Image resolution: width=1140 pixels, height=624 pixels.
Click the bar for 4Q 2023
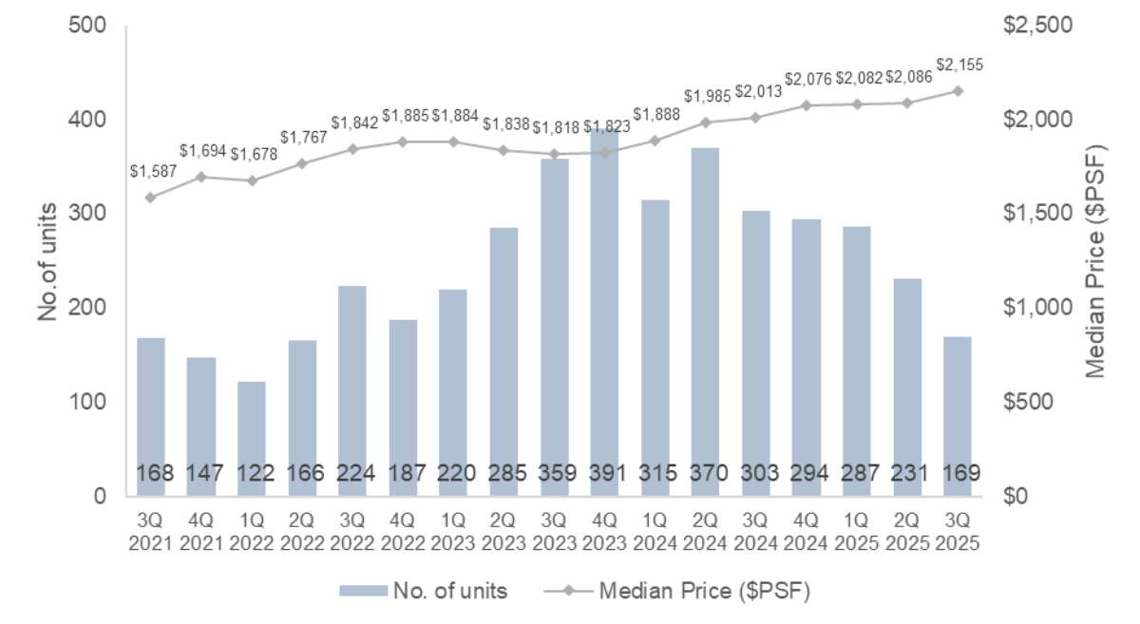click(604, 313)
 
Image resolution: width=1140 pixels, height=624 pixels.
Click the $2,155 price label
click(959, 66)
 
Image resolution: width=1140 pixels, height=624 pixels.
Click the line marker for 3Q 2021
click(150, 197)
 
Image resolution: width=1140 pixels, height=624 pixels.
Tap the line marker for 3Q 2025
click(958, 90)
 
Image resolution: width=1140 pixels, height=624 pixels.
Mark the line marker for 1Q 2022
click(252, 180)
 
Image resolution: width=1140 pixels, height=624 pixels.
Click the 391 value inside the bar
click(604, 473)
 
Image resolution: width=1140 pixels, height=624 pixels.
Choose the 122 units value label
click(252, 473)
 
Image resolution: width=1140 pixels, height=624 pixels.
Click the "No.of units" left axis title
click(48, 261)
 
